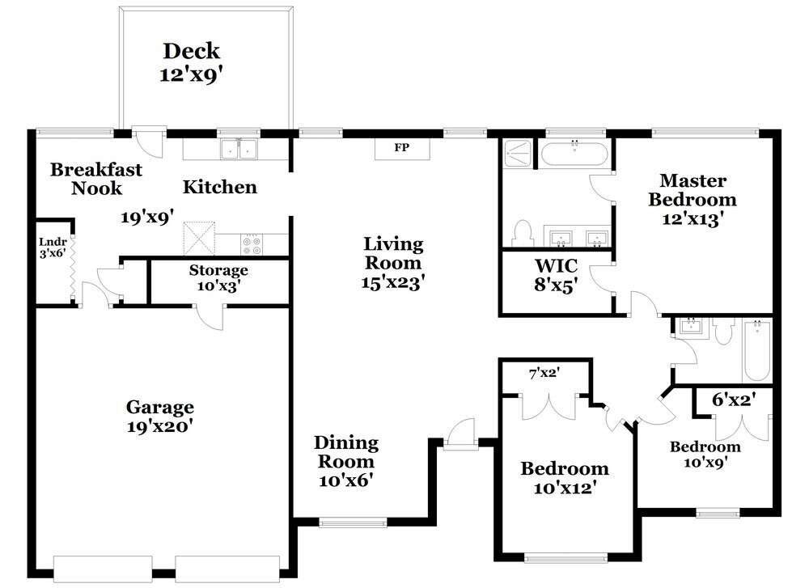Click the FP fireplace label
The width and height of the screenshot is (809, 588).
pos(401,147)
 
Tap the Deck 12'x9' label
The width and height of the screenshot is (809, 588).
pos(192,62)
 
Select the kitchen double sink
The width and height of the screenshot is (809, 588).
pos(239,150)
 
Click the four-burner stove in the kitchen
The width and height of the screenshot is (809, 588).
pos(252,244)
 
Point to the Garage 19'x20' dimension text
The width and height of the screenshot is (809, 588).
pos(160,426)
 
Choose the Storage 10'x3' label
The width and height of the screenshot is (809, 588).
pos(218,277)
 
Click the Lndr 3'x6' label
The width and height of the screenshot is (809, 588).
pos(53,247)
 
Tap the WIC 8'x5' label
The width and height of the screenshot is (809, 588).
pos(556,275)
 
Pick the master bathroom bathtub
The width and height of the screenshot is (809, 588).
pos(574,154)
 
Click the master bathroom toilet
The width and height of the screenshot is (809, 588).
pos(523,233)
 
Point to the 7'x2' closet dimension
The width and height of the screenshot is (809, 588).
pos(544,372)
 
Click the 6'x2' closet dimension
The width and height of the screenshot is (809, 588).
pos(734,399)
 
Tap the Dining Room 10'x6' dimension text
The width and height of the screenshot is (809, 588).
pos(345,480)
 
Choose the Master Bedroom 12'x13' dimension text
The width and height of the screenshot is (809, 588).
pos(692,219)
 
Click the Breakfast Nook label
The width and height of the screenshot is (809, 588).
pos(96,179)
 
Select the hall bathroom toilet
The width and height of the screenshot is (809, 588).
pos(724,331)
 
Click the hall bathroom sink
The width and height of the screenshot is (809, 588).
pos(689,327)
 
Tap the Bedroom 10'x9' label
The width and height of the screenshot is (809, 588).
pos(705,455)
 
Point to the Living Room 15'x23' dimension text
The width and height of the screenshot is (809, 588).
pos(392,282)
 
